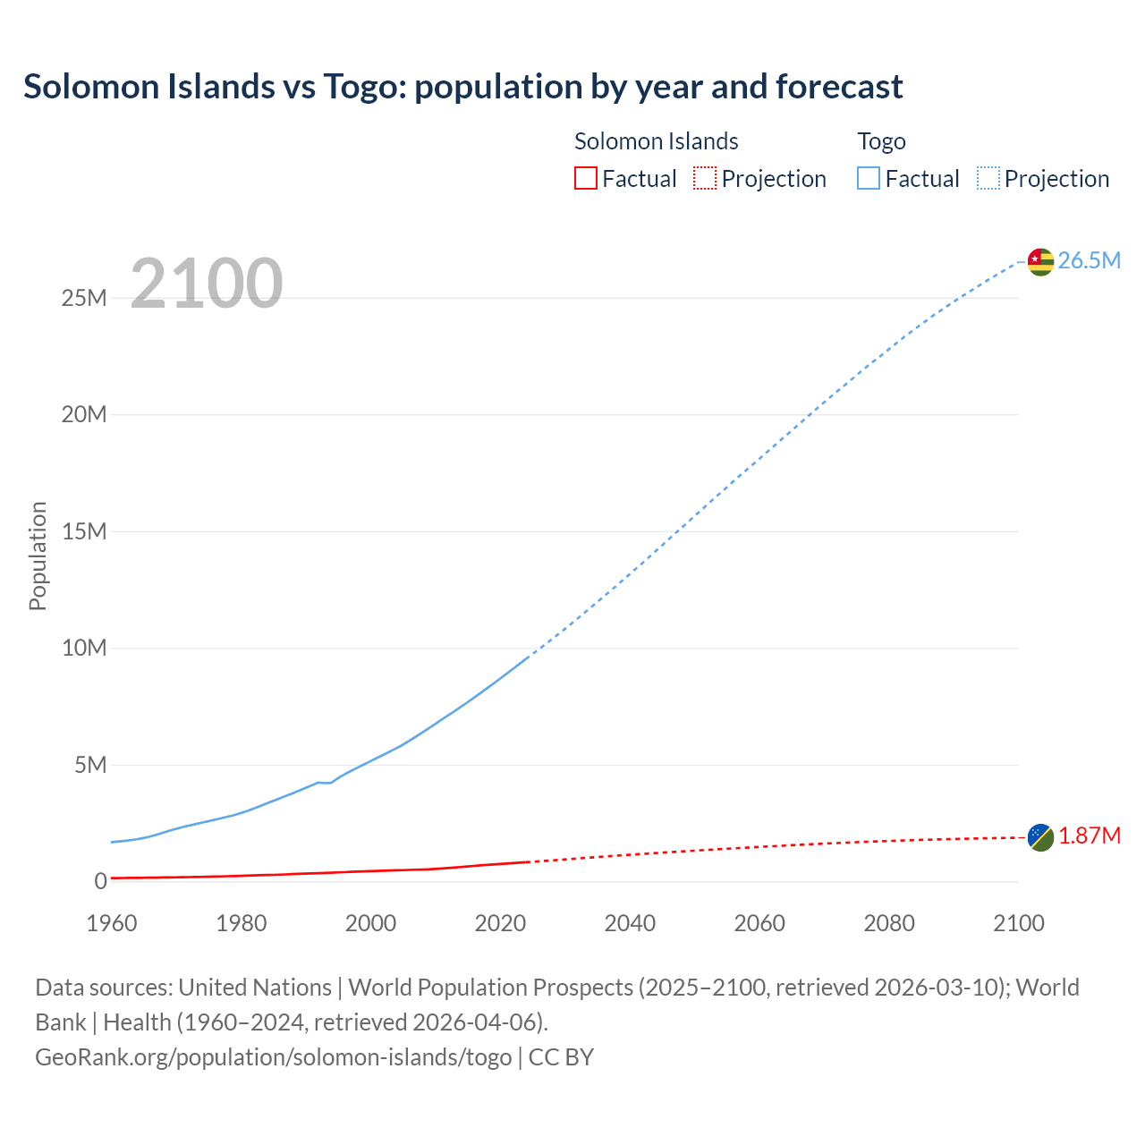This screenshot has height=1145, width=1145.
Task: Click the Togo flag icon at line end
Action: coord(1040,261)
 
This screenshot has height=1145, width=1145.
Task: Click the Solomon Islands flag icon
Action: coord(1040,837)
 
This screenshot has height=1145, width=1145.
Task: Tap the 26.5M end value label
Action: coord(1089,260)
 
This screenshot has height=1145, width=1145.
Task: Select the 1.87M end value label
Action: coord(1090,835)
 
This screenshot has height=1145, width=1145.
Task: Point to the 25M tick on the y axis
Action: coord(84,298)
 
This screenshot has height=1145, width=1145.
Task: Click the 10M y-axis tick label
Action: coord(84,648)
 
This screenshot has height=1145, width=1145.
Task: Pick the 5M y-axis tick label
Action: coord(90,765)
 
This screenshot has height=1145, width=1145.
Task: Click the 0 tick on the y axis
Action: coord(100,881)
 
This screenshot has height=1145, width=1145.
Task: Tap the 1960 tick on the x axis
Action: coord(112,923)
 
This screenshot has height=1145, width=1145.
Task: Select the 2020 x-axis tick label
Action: coord(500,923)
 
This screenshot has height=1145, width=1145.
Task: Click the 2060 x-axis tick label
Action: coord(759,923)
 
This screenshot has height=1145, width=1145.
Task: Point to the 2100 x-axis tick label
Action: coord(1018,923)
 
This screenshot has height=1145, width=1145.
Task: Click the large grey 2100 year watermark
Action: coord(207,284)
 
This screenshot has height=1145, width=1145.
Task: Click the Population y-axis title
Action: coord(38,556)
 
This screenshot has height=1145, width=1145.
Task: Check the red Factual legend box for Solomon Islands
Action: coord(586,178)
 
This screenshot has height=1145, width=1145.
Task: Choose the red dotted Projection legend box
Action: coord(705,178)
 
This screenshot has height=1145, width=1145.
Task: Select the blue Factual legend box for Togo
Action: coord(869,178)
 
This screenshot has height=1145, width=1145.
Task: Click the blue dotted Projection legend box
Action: coord(988,178)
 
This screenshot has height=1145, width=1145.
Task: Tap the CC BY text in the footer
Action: coord(561,1056)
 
